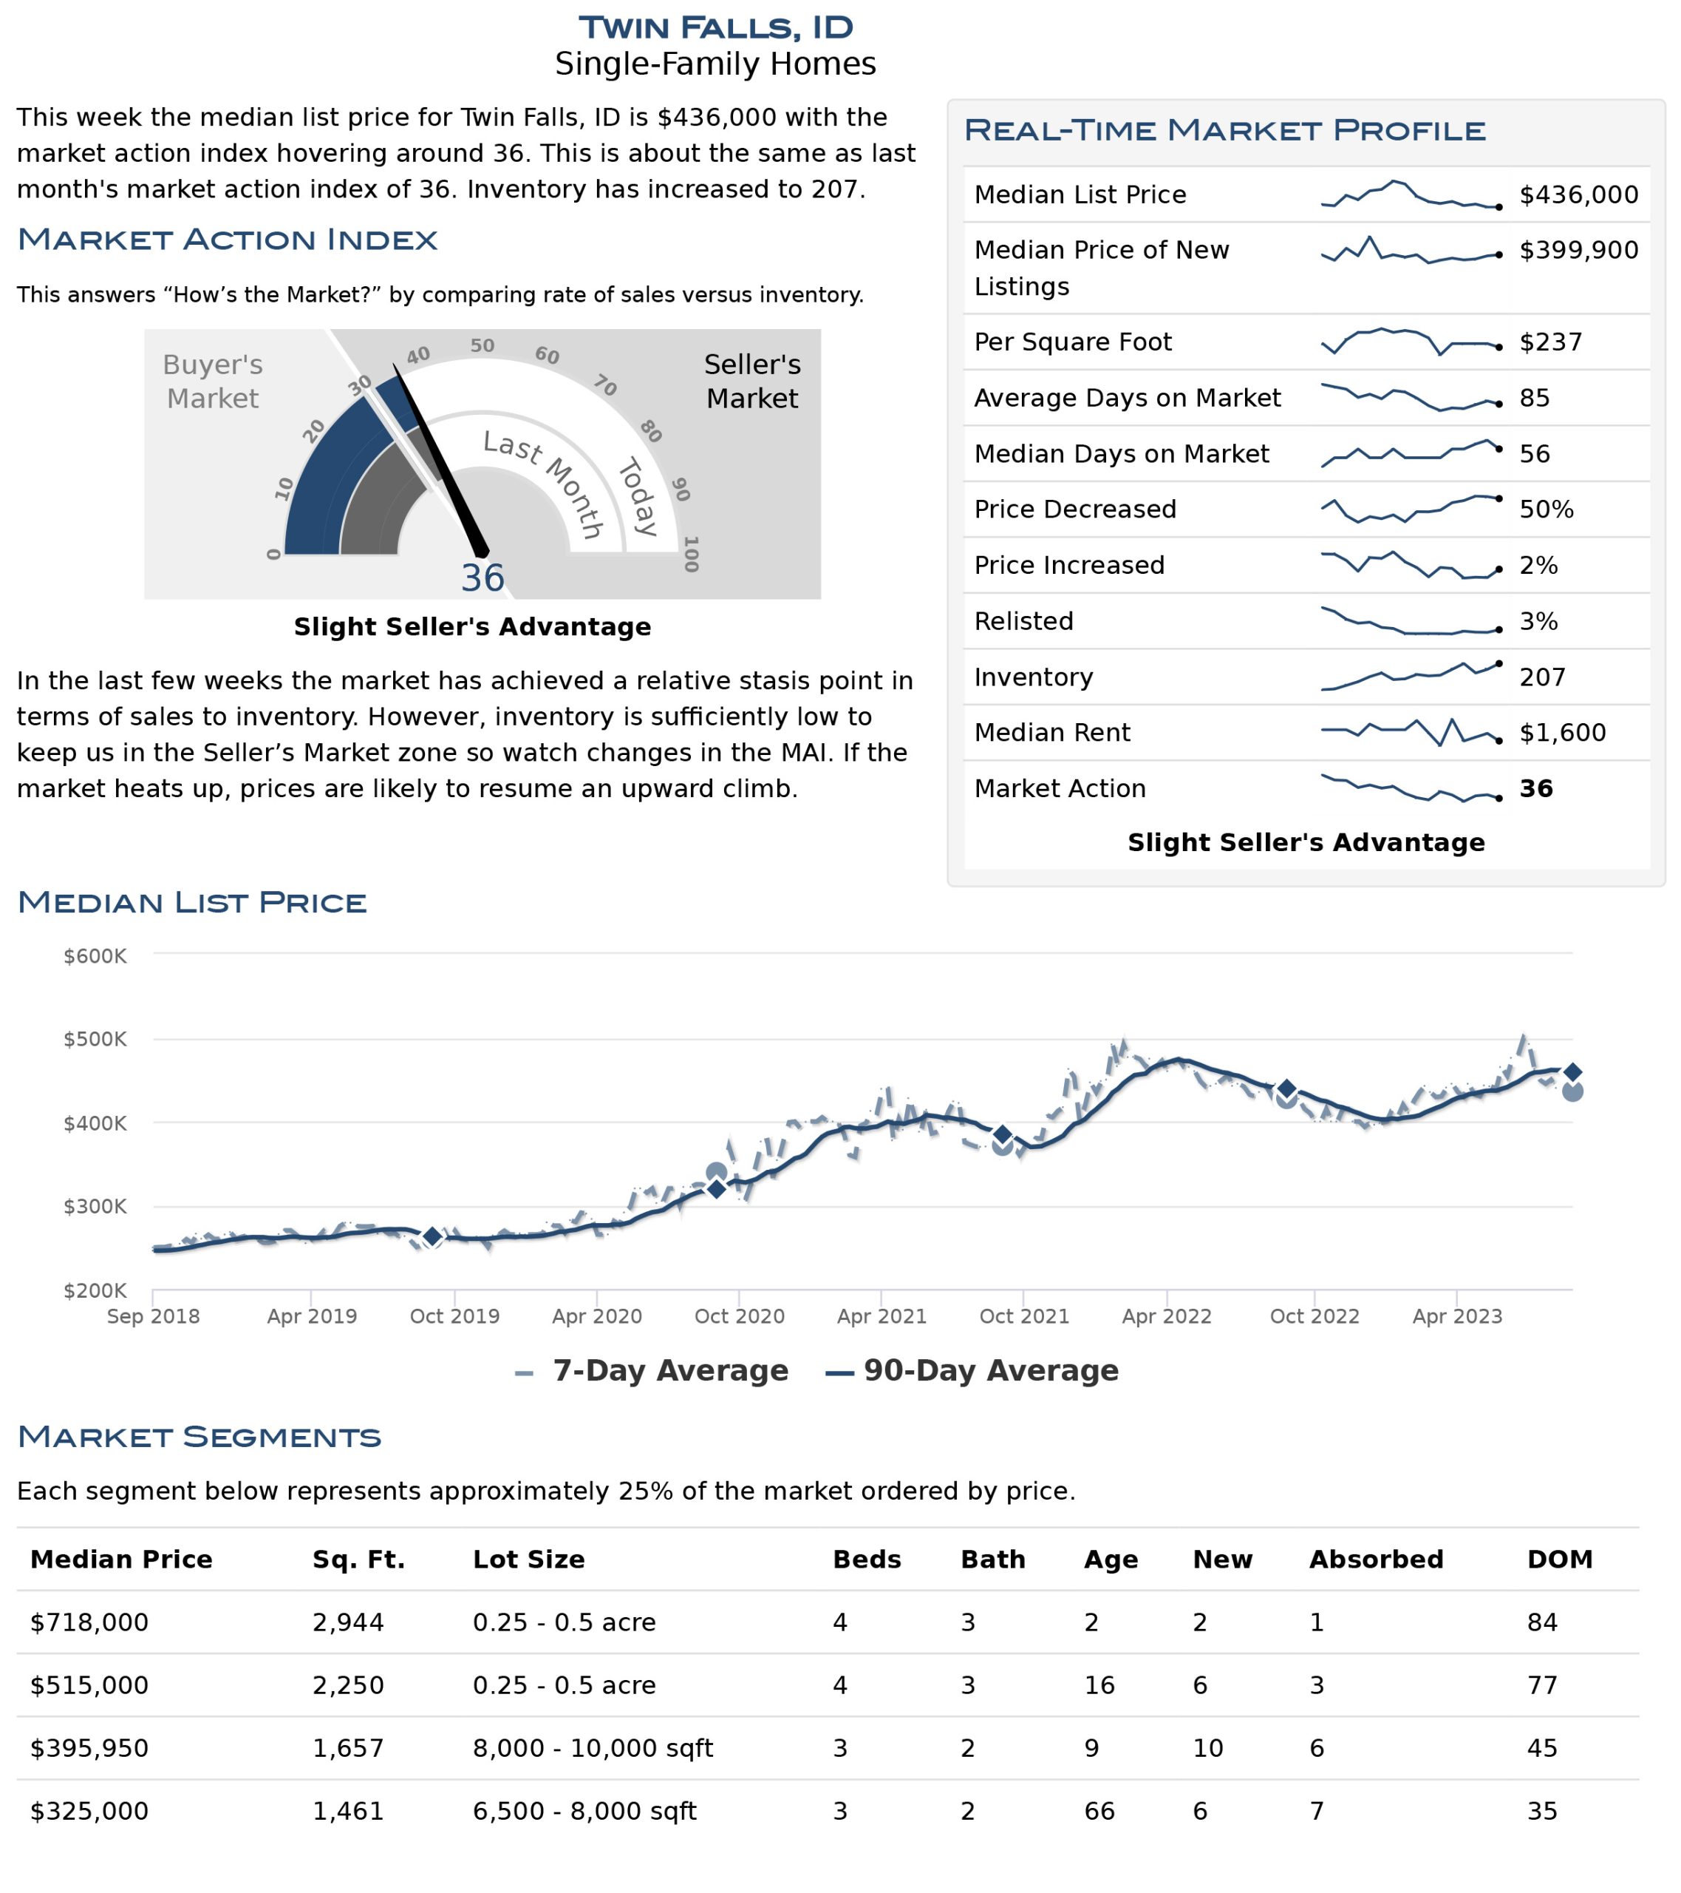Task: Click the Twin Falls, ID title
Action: [715, 28]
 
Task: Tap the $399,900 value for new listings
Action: [1578, 250]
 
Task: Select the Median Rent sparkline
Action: [1411, 733]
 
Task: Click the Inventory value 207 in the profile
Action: [1542, 677]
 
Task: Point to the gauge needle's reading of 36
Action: [483, 579]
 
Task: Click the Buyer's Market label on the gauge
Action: [213, 382]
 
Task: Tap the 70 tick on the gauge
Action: [605, 385]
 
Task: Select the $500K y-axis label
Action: [95, 1039]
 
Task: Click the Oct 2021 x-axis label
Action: [1024, 1316]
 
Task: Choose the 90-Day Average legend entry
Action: [972, 1371]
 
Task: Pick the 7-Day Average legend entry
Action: [652, 1371]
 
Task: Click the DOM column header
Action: [1560, 1560]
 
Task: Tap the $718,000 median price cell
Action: [89, 1622]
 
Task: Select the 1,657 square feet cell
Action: [348, 1749]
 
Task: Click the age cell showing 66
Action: [1099, 1812]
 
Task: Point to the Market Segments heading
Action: [199, 1437]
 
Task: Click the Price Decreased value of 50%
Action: [1546, 509]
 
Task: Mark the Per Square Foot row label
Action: [1073, 342]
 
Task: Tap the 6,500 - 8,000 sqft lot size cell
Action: [584, 1812]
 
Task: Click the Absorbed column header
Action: [1376, 1560]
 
